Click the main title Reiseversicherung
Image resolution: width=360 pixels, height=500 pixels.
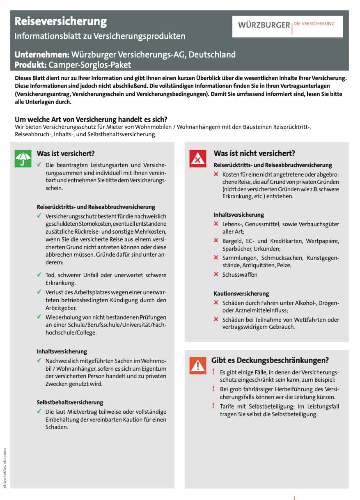tap(61, 21)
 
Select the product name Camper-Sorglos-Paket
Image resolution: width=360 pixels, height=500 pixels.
tap(90, 64)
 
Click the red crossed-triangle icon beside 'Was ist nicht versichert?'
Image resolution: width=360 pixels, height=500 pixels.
tap(198, 159)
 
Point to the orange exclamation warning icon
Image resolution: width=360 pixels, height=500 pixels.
tap(198, 365)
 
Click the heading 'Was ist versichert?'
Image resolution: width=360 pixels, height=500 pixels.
tap(66, 154)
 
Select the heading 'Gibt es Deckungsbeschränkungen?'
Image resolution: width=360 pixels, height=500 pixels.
tap(270, 360)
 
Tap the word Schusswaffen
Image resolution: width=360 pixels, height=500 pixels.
tap(240, 275)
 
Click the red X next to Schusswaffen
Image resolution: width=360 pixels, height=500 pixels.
tap(216, 274)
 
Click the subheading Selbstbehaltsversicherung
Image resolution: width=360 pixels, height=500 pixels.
tap(70, 402)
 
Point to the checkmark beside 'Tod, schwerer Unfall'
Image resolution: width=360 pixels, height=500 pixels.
tap(39, 275)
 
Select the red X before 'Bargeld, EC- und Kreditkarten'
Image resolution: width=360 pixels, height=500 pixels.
tap(216, 241)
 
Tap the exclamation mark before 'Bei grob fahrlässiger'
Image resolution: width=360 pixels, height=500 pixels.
tap(213, 388)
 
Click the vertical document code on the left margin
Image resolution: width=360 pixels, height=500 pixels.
tap(5, 467)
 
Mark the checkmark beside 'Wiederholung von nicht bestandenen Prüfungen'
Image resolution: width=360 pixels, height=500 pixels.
tap(39, 317)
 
